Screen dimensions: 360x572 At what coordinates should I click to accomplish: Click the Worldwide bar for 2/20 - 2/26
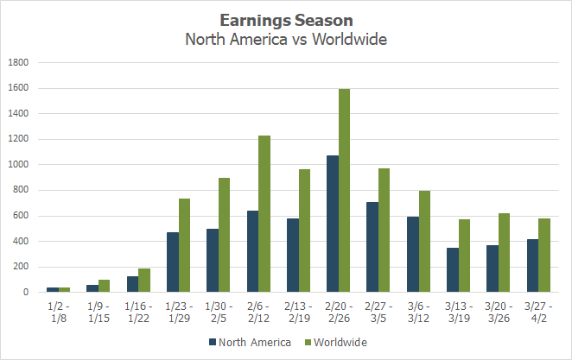[x=344, y=190]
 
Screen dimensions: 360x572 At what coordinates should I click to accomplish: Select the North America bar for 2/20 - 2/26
[x=332, y=224]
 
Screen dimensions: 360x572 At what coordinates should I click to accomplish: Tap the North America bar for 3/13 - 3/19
[x=452, y=269]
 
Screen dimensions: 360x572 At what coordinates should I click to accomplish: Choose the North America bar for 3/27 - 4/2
[x=531, y=265]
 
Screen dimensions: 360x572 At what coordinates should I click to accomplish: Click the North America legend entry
[x=250, y=342]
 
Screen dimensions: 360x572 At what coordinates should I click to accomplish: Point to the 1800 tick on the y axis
[x=18, y=63]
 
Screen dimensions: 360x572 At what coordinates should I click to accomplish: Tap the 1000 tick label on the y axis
[x=18, y=165]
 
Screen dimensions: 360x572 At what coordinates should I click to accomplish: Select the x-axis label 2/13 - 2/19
[x=299, y=311]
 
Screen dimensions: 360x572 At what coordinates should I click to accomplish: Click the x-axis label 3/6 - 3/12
[x=418, y=311]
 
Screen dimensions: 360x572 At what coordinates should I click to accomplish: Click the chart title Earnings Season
[x=286, y=20]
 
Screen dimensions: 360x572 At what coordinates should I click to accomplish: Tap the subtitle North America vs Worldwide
[x=286, y=39]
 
